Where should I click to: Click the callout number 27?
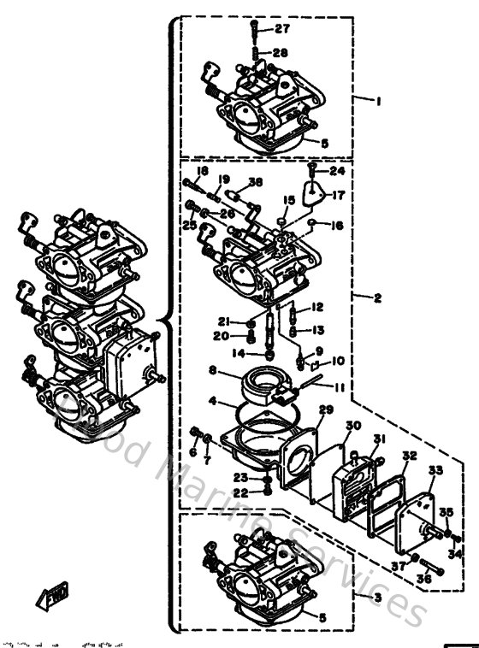coord(283,29)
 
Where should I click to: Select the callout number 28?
coord(281,52)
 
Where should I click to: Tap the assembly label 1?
coord(377,100)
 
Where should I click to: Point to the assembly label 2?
coord(377,297)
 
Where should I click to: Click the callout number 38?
coord(255,181)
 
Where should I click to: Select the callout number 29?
coord(325,411)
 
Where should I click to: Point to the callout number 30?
coord(353,425)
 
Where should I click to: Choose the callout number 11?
coord(340,386)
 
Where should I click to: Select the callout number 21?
coord(223,321)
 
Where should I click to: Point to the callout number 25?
coord(189,225)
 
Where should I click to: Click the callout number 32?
coord(410,457)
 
